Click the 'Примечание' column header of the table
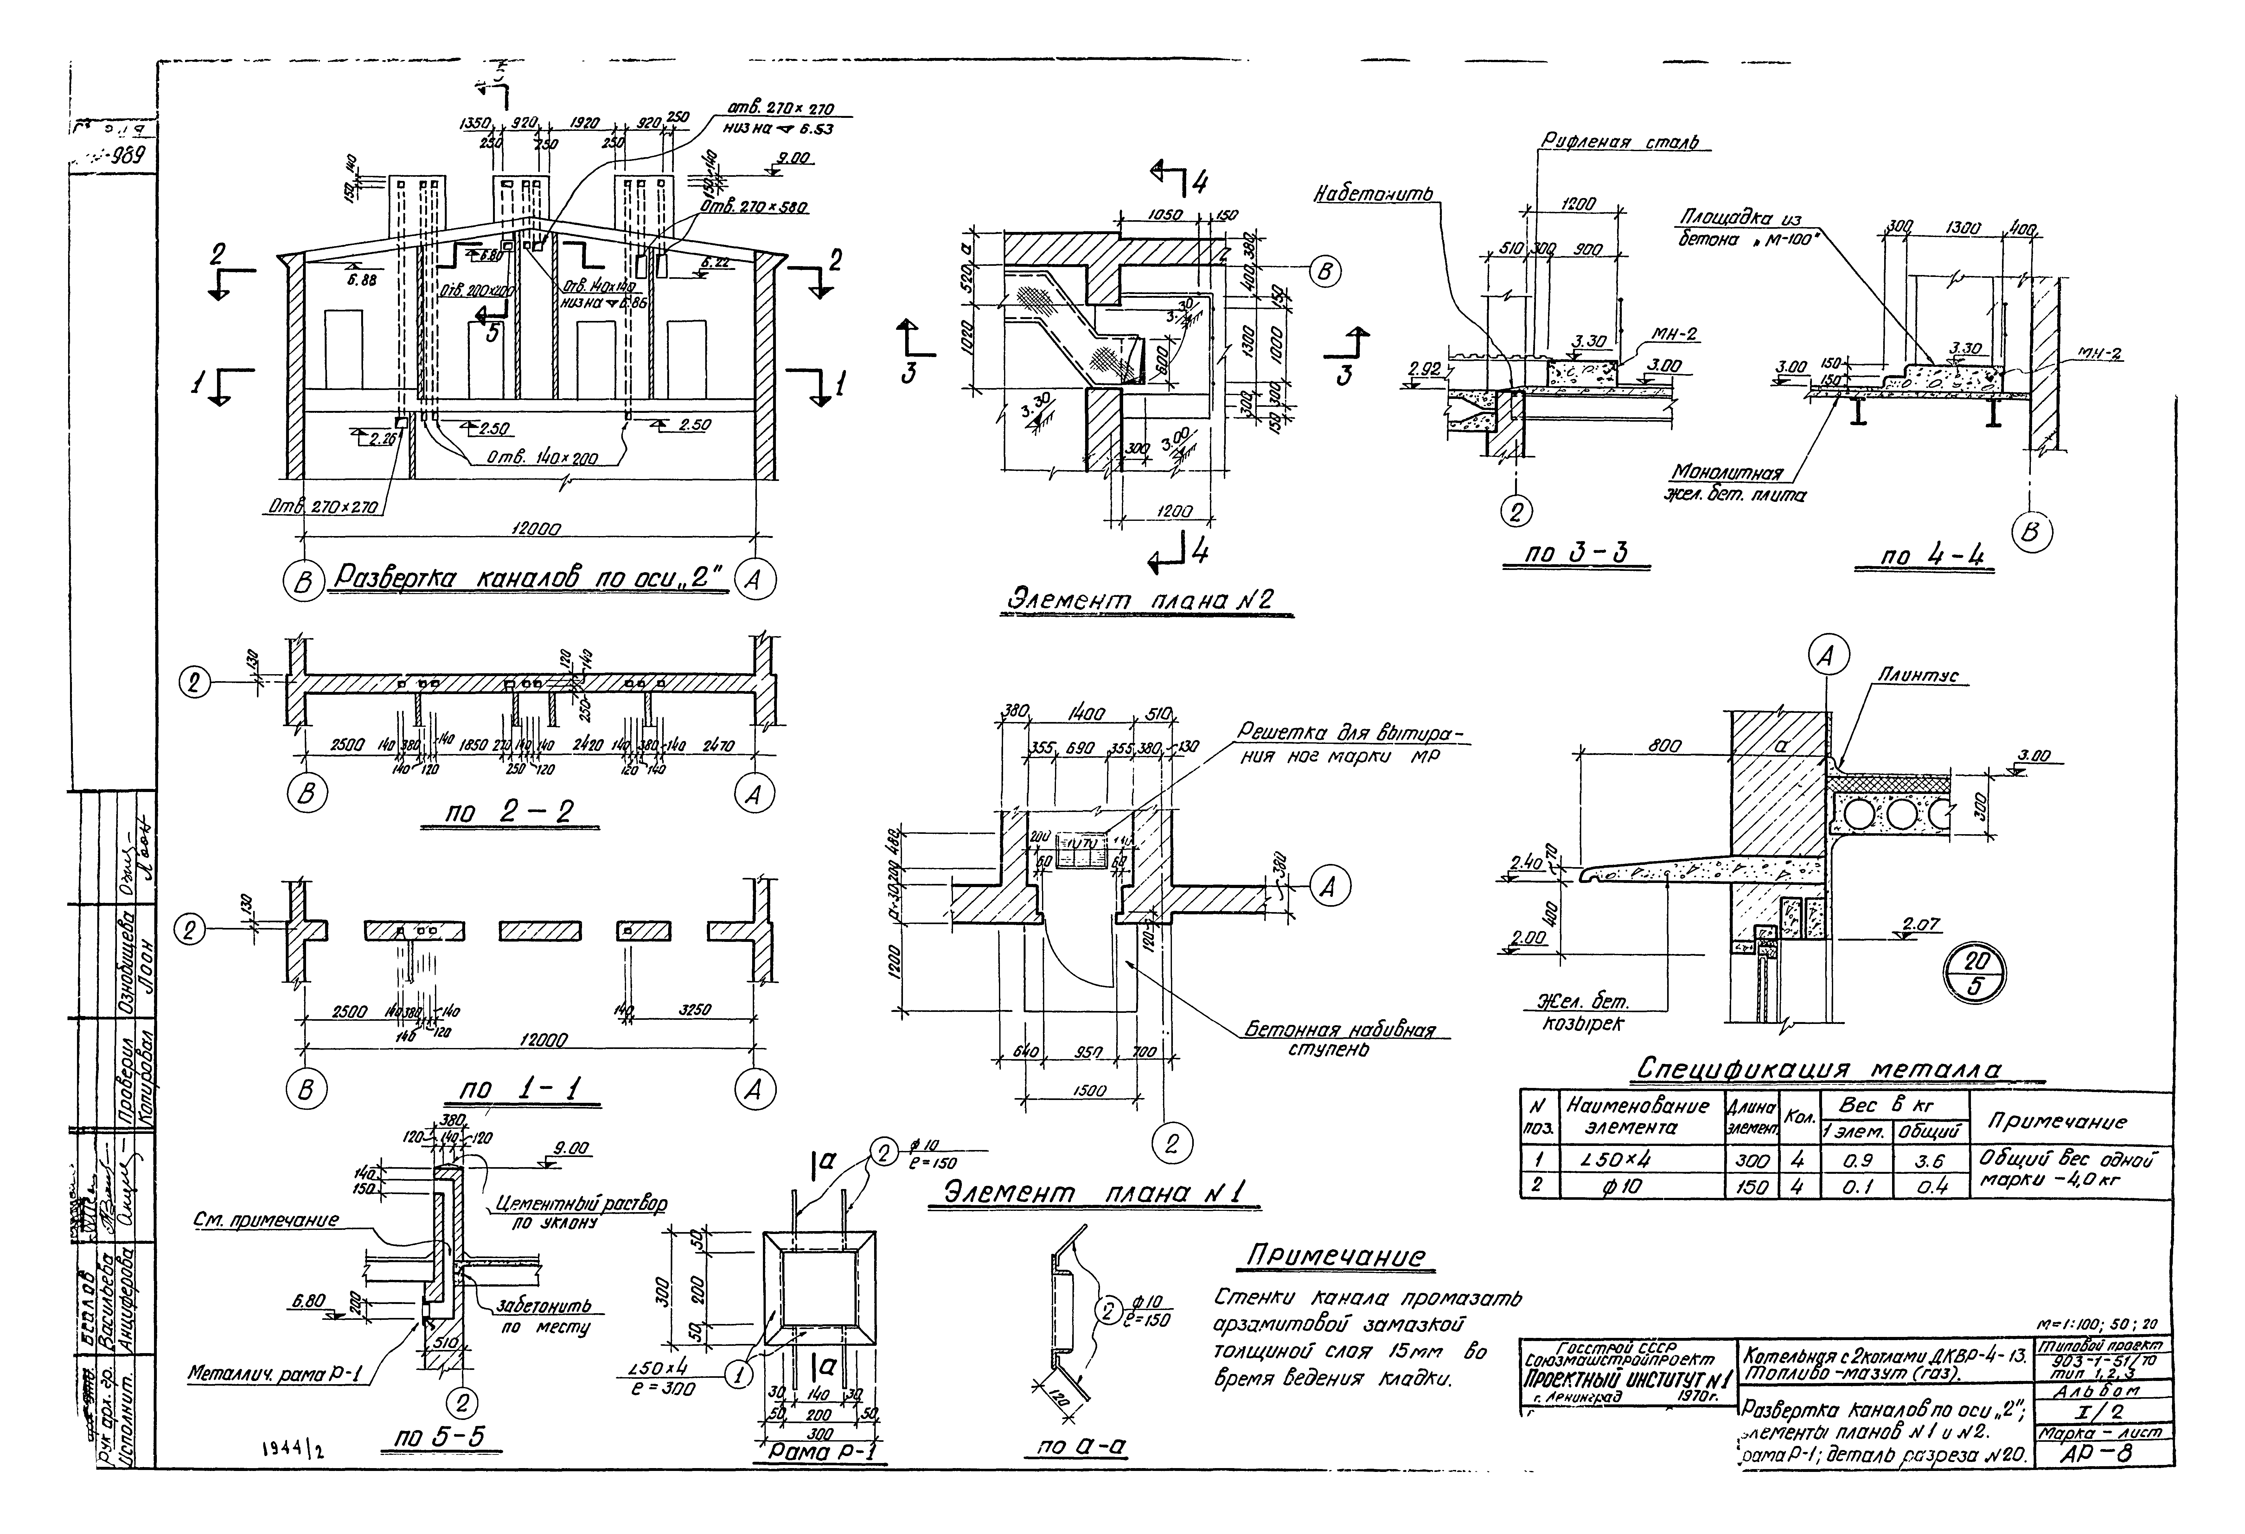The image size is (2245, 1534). pyautogui.click(x=2056, y=1122)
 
